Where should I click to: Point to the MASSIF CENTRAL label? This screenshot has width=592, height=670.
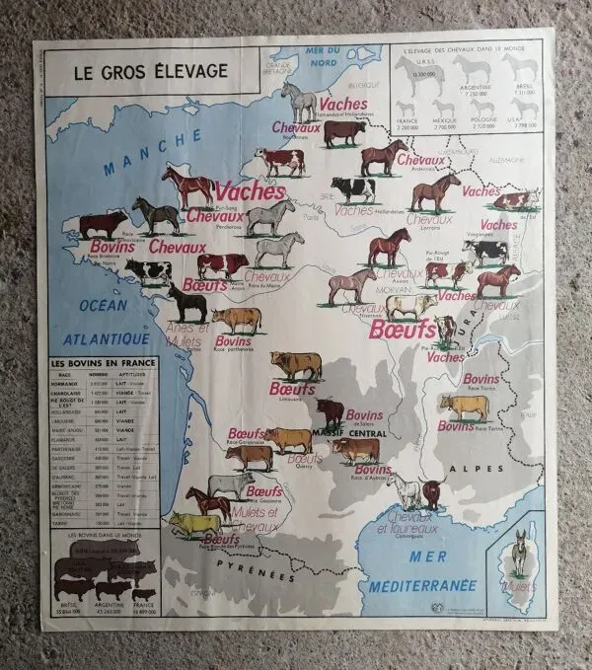[347, 433]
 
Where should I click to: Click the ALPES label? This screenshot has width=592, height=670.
[465, 469]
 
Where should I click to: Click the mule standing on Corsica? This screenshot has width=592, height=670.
[518, 553]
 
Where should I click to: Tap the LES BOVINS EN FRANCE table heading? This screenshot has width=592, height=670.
[104, 363]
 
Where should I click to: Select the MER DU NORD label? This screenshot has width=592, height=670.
[330, 56]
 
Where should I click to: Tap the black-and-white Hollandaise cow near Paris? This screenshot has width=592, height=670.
[352, 188]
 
